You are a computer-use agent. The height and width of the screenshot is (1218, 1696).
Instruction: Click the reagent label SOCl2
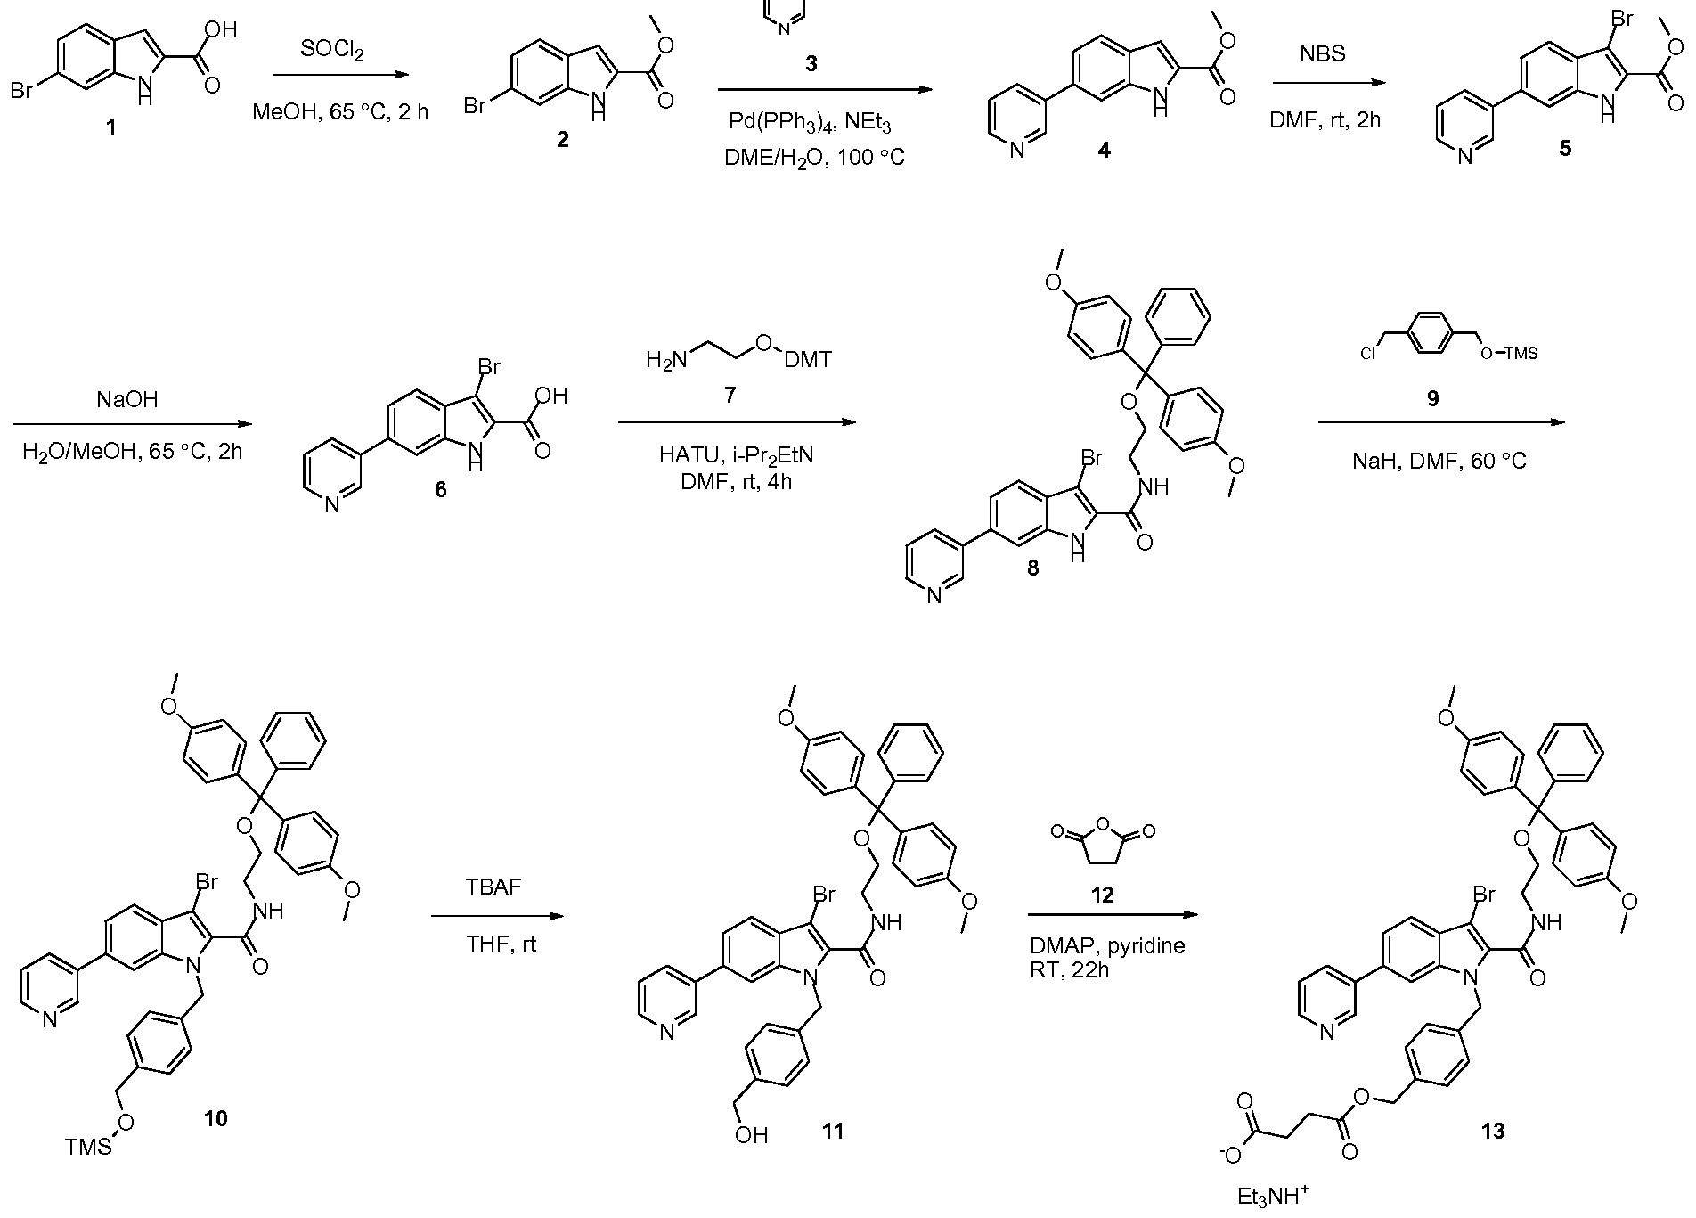[332, 51]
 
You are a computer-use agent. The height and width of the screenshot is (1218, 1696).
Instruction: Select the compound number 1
[111, 127]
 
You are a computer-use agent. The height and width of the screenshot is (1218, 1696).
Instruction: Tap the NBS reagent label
[1323, 54]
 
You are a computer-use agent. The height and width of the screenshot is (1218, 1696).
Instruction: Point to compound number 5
[1564, 149]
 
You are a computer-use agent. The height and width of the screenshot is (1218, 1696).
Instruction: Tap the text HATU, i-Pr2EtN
[737, 455]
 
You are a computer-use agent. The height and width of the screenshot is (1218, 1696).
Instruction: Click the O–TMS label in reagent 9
[1508, 354]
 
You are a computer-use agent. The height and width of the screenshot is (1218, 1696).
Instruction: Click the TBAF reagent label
[493, 887]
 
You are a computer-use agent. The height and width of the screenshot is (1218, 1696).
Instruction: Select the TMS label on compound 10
[89, 1146]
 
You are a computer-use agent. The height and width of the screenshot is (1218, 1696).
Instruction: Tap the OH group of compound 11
[752, 1134]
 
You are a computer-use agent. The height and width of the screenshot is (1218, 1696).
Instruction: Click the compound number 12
[1102, 895]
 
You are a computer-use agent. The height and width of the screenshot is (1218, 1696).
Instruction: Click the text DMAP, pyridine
[1107, 946]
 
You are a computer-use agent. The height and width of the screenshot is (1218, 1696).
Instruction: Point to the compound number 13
[1493, 1131]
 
